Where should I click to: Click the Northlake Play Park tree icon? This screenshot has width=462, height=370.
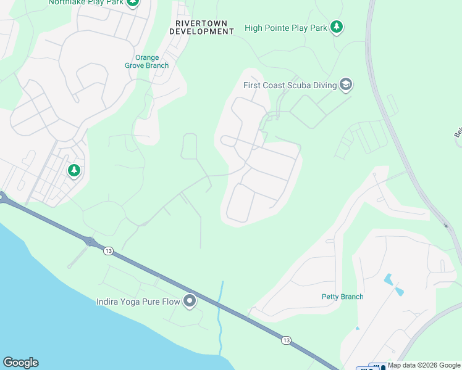(x=133, y=2)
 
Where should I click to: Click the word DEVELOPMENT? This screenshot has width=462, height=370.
(x=201, y=31)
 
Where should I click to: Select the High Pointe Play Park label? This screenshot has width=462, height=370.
(x=285, y=28)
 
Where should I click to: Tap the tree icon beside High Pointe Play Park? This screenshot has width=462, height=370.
(x=336, y=27)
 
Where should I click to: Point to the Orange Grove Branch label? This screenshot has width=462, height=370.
(x=147, y=62)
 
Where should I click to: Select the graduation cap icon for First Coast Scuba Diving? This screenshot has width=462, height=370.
(x=346, y=84)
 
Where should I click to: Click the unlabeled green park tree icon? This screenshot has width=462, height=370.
(x=74, y=170)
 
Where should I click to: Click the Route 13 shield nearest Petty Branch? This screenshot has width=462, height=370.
(x=285, y=340)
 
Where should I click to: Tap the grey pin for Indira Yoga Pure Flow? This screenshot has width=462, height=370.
(x=190, y=301)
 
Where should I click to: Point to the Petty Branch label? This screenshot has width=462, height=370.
(x=342, y=297)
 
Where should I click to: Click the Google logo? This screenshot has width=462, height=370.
(x=20, y=363)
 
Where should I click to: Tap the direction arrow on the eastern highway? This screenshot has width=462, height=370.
(x=446, y=226)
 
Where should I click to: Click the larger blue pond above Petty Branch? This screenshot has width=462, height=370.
(x=388, y=279)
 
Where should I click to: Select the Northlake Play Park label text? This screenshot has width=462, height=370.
(x=86, y=2)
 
